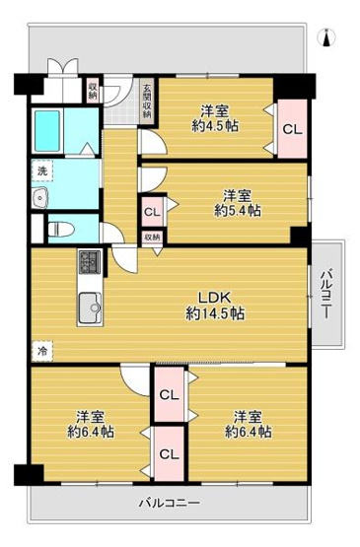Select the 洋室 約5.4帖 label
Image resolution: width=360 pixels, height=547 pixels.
pyautogui.click(x=238, y=202)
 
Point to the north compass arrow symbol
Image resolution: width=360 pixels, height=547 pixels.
pyautogui.click(x=328, y=38)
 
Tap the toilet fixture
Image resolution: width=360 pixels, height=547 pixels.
pyautogui.click(x=57, y=228)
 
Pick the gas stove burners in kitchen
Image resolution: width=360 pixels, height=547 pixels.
pyautogui.click(x=90, y=263)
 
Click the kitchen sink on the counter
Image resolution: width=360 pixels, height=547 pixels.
pyautogui.click(x=90, y=306)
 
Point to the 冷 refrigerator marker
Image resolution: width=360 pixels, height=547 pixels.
pyautogui.click(x=41, y=350)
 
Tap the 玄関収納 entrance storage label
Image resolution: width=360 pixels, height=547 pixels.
pyautogui.click(x=146, y=100)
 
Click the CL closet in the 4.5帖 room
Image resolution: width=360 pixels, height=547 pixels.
pyautogui.click(x=293, y=128)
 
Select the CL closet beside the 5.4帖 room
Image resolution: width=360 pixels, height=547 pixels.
pyautogui.click(x=152, y=211)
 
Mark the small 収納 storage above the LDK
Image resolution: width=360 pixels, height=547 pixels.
pyautogui.click(x=152, y=238)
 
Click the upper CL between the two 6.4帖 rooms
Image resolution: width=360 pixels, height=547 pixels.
pyautogui.click(x=169, y=395)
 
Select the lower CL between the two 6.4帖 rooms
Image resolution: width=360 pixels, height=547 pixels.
pyautogui.click(x=169, y=453)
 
